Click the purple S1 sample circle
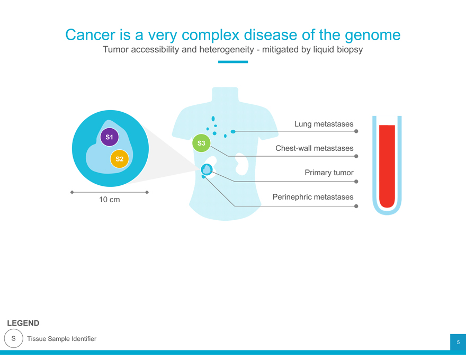tap(109, 137)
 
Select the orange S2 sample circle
tap(120, 159)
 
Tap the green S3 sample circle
tap(201, 143)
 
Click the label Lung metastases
tap(324, 124)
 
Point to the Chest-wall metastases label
tap(314, 148)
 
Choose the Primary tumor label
tap(329, 173)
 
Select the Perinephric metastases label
tap(312, 197)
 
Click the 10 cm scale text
tap(110, 200)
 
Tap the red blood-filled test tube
tap(387, 165)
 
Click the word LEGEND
tap(23, 323)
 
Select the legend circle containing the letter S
tap(14, 338)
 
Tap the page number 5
tap(458, 343)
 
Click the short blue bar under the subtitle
tap(233, 62)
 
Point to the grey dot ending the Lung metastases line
tap(356, 132)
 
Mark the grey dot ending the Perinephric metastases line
tap(356, 206)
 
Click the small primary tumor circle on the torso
tap(207, 169)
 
